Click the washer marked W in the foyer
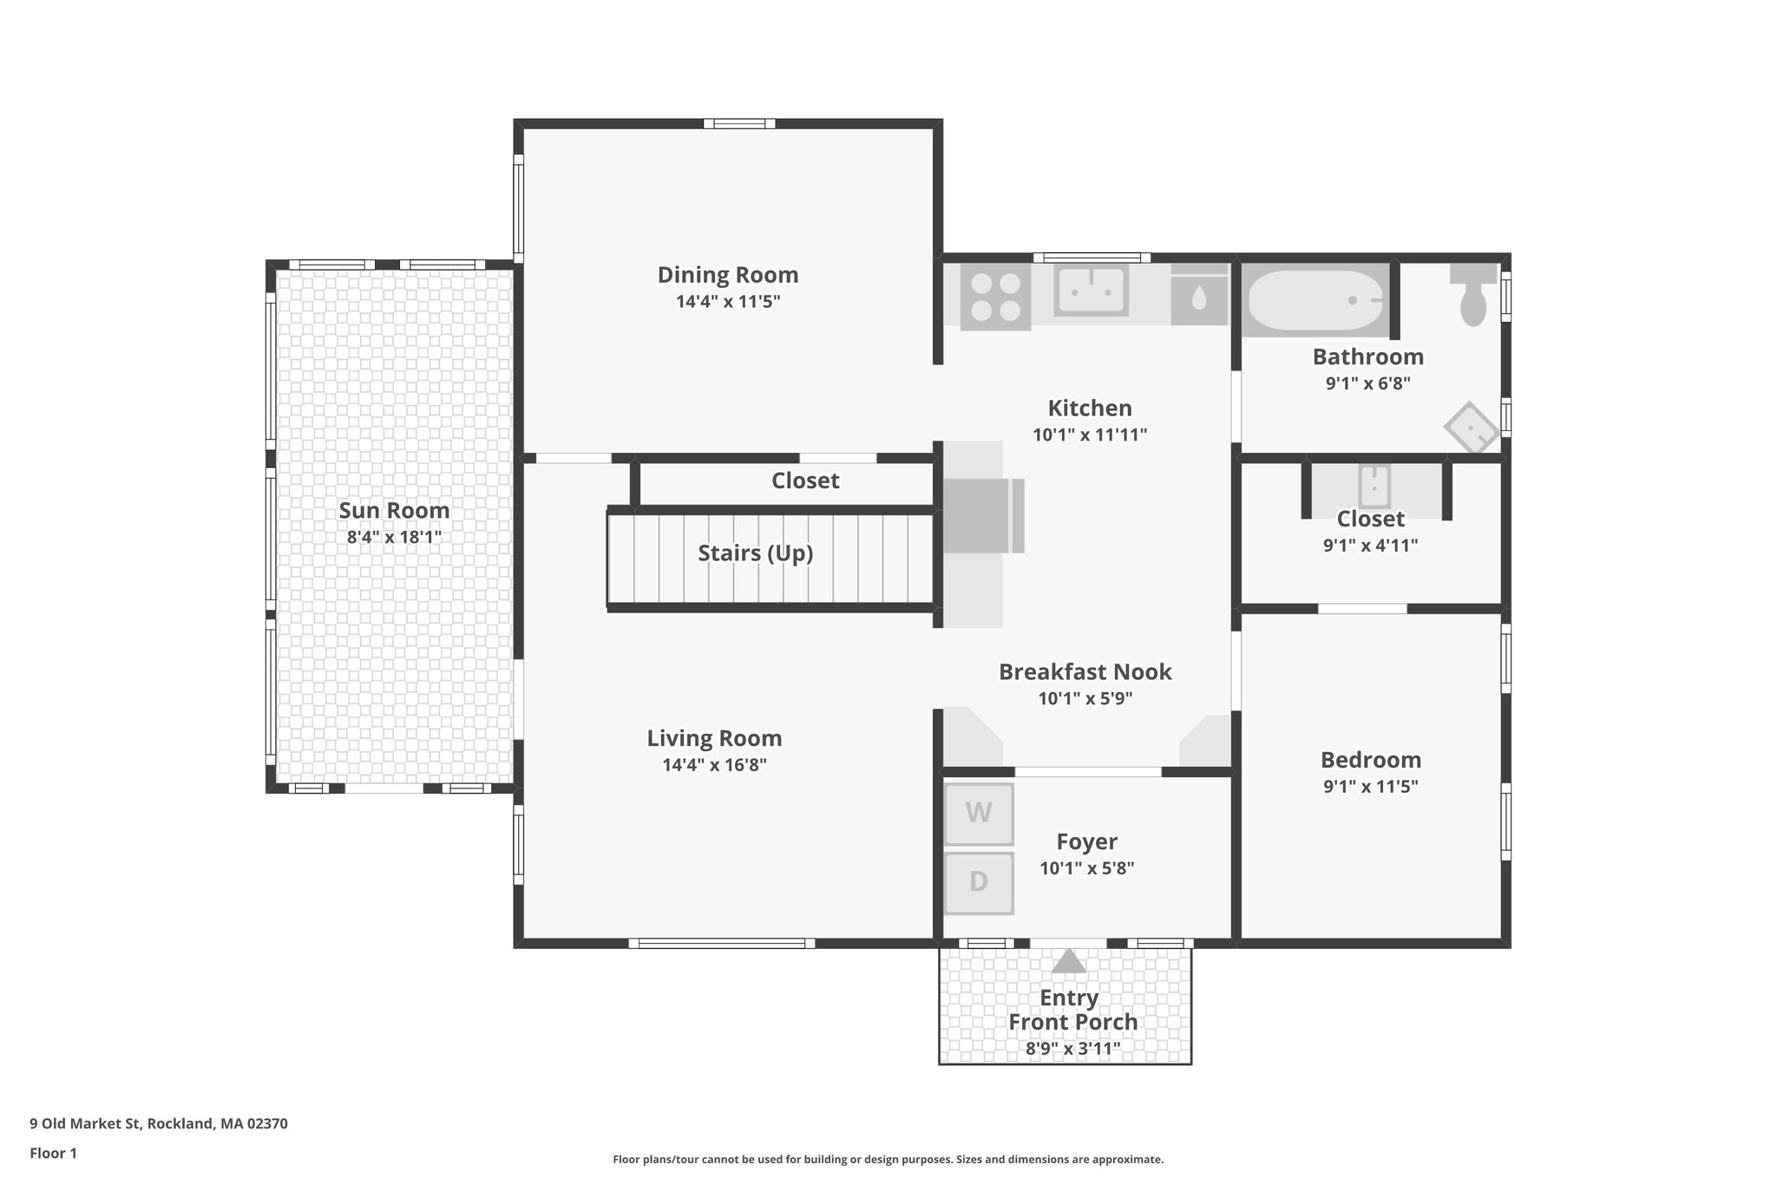coord(979,814)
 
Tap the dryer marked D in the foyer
coord(979,883)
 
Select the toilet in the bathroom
coord(1473,296)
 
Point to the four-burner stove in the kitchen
coord(995,297)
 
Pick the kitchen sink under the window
coord(1091,291)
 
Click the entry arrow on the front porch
coord(1069,961)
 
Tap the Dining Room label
coord(727,275)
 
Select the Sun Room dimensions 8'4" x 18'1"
coord(394,537)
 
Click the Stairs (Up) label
coord(755,553)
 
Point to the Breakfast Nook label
coord(1085,671)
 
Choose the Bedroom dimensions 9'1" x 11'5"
coord(1370,787)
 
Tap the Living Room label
coord(714,738)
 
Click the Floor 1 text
coord(53,1153)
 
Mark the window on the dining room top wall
coord(738,124)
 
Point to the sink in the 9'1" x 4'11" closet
coord(1374,486)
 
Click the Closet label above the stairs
coord(805,481)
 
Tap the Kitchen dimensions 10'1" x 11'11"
coord(1090,435)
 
